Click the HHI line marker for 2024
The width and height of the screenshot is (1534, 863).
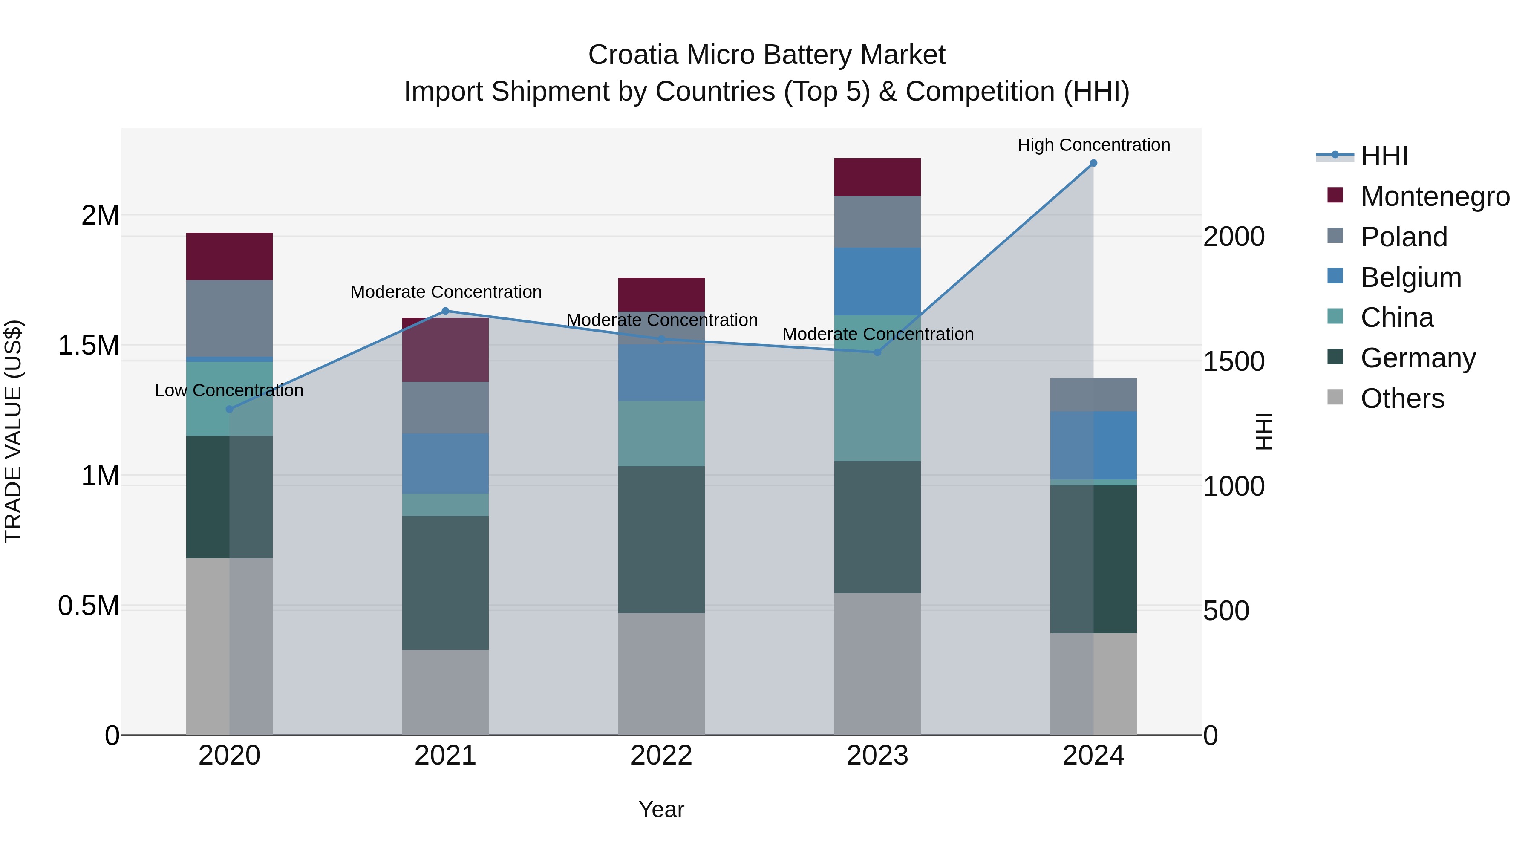(1093, 163)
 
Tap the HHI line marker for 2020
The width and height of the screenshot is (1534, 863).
(229, 409)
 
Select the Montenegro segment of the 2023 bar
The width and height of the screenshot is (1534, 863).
(877, 177)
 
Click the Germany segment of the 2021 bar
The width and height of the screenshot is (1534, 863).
(445, 583)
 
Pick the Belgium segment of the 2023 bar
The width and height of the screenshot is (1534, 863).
(877, 281)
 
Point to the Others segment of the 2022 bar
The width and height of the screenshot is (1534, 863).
(661, 674)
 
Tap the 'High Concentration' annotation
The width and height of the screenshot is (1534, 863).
(1093, 145)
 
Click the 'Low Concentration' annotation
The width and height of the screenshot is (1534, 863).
(229, 391)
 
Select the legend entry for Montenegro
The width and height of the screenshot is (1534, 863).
(1435, 196)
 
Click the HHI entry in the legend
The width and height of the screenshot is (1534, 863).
(1384, 156)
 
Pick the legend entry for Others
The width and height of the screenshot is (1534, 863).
(1402, 398)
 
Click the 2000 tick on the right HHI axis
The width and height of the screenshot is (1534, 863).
(1233, 237)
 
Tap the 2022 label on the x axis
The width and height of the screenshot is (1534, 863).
(661, 756)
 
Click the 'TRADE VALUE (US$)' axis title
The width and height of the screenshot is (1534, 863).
(13, 431)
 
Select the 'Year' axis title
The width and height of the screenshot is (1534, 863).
(661, 809)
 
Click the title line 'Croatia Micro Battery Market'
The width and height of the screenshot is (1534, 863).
(767, 55)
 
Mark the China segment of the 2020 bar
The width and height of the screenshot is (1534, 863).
(229, 398)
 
